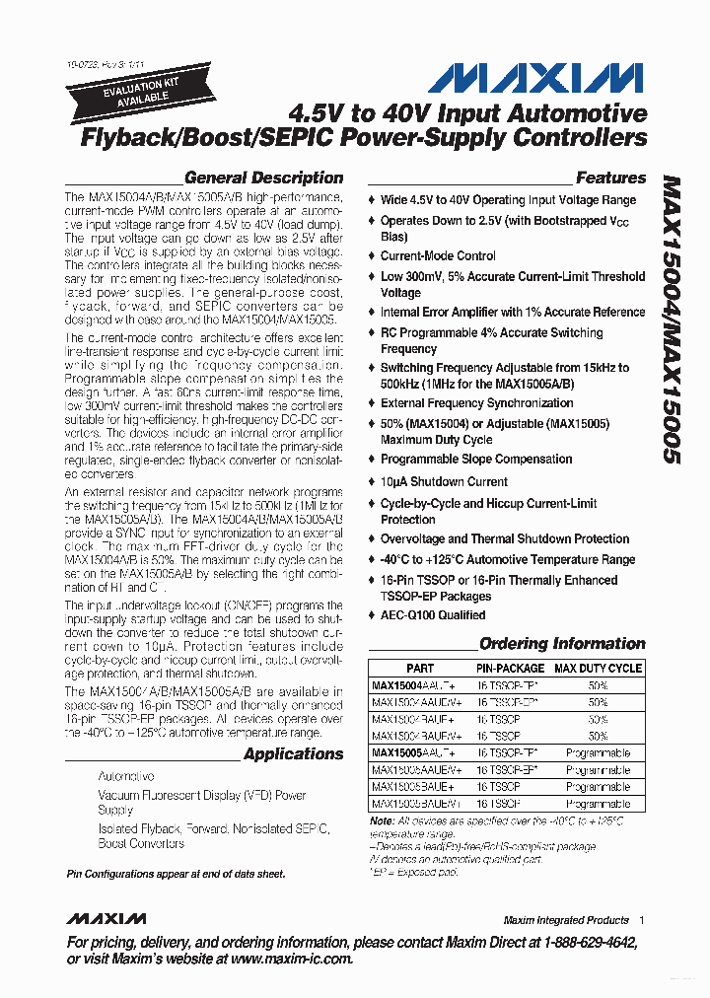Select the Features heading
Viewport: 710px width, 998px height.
pyautogui.click(x=610, y=178)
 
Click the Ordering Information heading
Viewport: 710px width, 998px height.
pyautogui.click(x=562, y=644)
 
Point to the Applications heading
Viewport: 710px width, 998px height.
pyautogui.click(x=293, y=754)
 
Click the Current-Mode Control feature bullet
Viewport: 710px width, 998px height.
pyautogui.click(x=438, y=256)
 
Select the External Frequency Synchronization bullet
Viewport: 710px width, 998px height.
pyautogui.click(x=476, y=403)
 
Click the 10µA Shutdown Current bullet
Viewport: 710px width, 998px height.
pyautogui.click(x=444, y=482)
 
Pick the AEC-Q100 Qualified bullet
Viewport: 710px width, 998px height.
pyautogui.click(x=433, y=615)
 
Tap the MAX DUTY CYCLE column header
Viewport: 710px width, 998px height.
pyautogui.click(x=598, y=669)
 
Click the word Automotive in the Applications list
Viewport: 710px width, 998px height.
pyautogui.click(x=125, y=777)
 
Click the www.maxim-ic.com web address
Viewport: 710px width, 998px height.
pyautogui.click(x=291, y=959)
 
